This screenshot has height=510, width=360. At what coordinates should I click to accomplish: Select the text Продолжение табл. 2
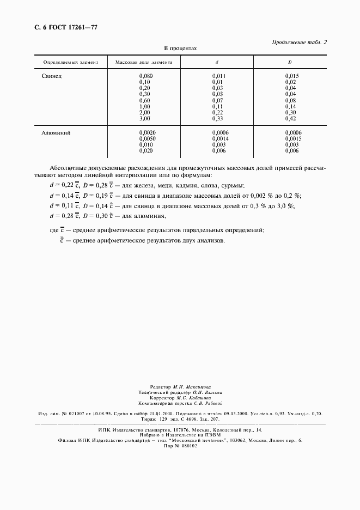301,42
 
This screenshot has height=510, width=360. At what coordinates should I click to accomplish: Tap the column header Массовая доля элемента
144,63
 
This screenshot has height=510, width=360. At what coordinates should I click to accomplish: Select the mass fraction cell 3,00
144,118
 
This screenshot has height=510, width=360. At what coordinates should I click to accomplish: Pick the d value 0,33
217,118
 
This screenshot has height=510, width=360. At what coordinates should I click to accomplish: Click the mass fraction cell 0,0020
147,132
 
